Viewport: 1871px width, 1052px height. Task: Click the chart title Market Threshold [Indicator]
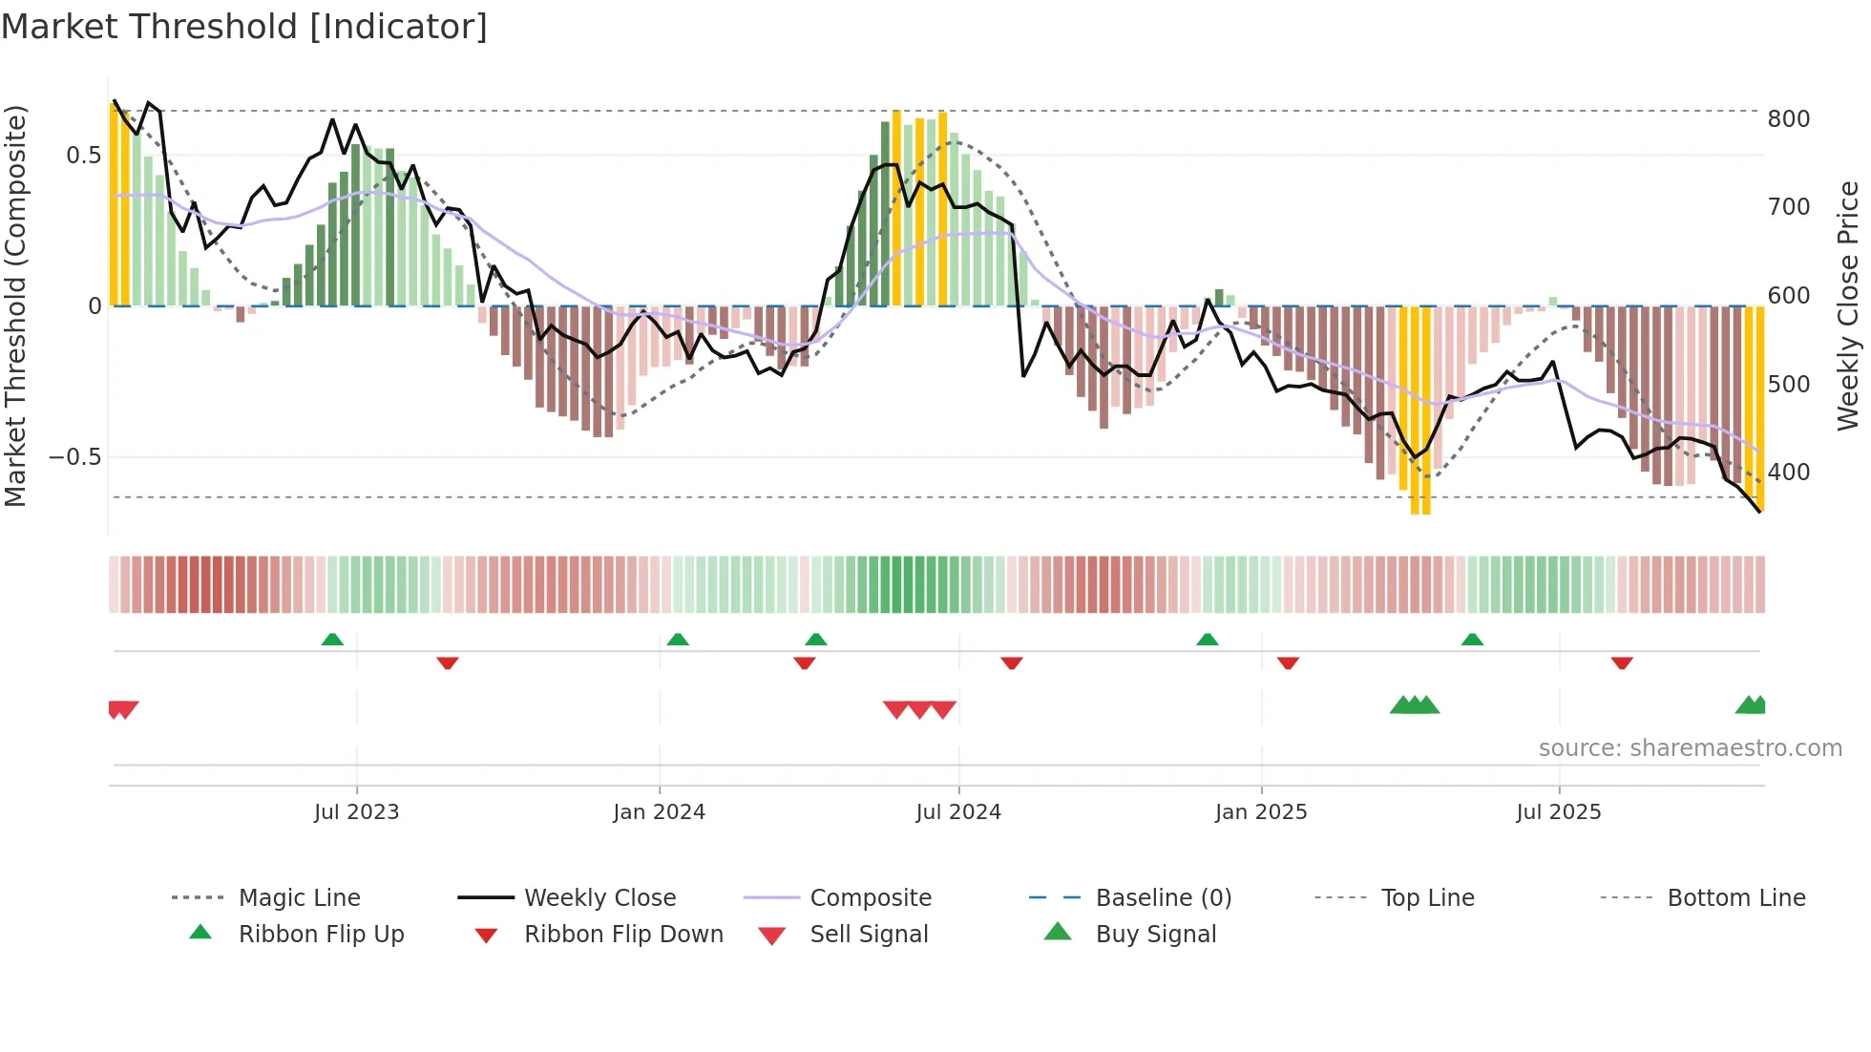pos(244,27)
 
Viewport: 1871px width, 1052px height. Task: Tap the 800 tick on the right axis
pos(1788,119)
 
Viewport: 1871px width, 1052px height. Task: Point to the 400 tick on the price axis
pos(1788,473)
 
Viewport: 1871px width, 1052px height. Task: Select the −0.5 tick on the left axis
pos(75,457)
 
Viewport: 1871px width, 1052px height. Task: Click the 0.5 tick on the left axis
pos(83,156)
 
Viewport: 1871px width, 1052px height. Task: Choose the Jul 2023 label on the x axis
pos(356,812)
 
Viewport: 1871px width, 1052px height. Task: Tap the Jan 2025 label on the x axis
pos(1260,812)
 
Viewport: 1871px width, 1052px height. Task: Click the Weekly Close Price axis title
pos(1847,305)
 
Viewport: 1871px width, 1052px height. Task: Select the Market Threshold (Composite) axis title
pos(15,305)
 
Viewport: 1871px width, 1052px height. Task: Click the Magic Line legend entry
pos(299,898)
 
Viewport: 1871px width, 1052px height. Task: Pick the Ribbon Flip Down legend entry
pos(623,935)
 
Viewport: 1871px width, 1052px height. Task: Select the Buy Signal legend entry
pos(1155,935)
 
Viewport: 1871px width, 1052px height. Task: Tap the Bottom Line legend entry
pos(1735,898)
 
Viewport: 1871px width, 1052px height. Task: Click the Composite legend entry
pos(870,898)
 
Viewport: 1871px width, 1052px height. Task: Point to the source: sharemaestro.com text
pos(1690,748)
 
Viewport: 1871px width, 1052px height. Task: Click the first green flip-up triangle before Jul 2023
pos(332,640)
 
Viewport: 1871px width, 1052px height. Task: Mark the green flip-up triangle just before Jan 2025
pos(1208,640)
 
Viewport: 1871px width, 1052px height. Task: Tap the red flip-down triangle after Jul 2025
pos(1622,663)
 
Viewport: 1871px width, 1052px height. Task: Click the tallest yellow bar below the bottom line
pos(1420,410)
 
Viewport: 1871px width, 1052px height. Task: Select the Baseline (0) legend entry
pos(1163,898)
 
